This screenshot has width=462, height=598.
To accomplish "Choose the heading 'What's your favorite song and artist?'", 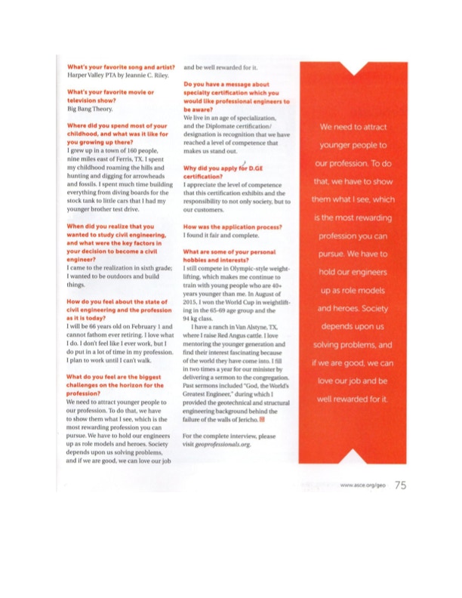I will point(122,66).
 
